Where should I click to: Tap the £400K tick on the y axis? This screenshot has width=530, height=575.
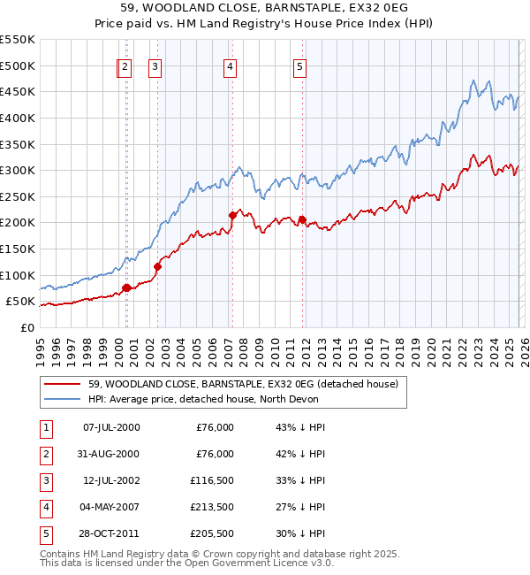(18, 118)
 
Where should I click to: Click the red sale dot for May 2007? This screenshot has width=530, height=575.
(232, 215)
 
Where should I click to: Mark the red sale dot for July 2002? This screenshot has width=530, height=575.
(157, 265)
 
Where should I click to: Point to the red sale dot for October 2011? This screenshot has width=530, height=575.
(302, 219)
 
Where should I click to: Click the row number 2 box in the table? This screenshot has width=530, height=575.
(44, 454)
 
